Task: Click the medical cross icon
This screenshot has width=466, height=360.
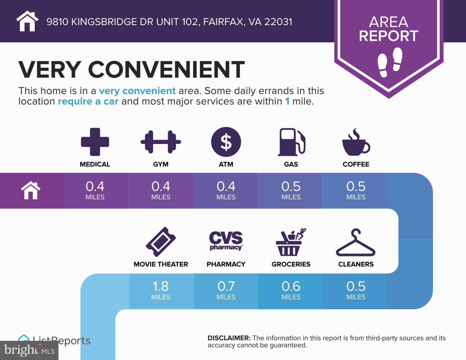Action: [95, 142]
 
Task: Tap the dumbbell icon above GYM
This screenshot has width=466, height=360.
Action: [161, 142]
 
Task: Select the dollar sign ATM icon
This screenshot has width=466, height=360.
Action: [226, 142]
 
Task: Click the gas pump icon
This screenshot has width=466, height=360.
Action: [291, 142]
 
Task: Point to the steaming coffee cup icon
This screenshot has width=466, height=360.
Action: [356, 143]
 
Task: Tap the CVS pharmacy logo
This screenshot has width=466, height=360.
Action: [226, 241]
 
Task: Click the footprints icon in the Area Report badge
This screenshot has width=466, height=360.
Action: [390, 62]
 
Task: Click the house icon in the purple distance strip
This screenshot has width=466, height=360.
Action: [31, 191]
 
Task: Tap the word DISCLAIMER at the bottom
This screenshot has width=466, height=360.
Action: [229, 338]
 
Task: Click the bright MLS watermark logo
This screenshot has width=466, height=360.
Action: [29, 350]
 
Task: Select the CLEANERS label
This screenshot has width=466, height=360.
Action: [356, 264]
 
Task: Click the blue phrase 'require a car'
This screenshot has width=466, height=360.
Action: [88, 101]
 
